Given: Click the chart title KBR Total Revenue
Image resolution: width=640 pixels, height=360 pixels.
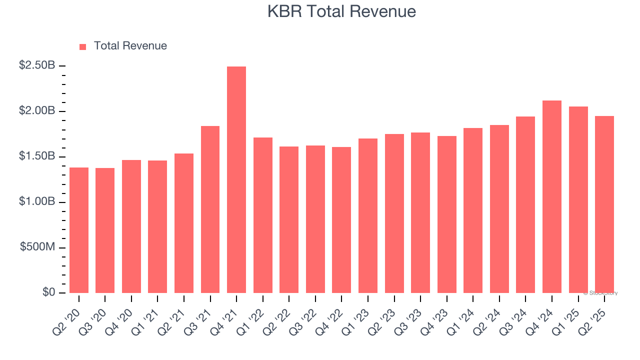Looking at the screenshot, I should pyautogui.click(x=341, y=11).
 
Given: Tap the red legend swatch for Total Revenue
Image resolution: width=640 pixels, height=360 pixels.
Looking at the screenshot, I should pyautogui.click(x=83, y=46).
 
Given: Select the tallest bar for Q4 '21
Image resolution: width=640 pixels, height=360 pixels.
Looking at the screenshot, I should pyautogui.click(x=236, y=179).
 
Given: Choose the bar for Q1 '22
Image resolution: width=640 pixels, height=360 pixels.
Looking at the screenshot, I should pyautogui.click(x=263, y=215).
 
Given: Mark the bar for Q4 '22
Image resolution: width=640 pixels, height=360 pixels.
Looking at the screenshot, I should pyautogui.click(x=341, y=220).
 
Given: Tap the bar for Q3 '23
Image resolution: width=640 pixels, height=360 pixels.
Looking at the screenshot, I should pyautogui.click(x=420, y=212).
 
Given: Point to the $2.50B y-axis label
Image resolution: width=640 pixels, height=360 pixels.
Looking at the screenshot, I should pyautogui.click(x=37, y=65).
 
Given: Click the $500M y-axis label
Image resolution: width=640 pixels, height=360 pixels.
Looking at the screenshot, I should pyautogui.click(x=38, y=247).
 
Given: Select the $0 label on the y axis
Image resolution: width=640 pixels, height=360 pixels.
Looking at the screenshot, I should pyautogui.click(x=48, y=292).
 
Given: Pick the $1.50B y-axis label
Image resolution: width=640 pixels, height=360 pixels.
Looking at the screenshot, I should pyautogui.click(x=37, y=156).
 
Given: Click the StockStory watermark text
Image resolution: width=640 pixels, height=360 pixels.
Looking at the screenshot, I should pyautogui.click(x=600, y=293).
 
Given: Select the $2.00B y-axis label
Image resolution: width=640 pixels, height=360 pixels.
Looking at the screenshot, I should pyautogui.click(x=37, y=111).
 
